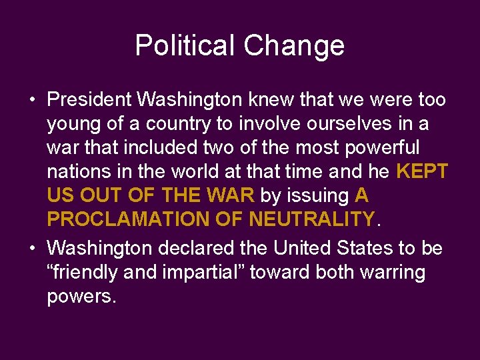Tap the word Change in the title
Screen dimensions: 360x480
coord(294,46)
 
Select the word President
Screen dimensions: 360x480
coord(89,100)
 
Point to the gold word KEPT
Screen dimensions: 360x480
coord(421,171)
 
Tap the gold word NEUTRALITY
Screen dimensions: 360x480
coord(311,219)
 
